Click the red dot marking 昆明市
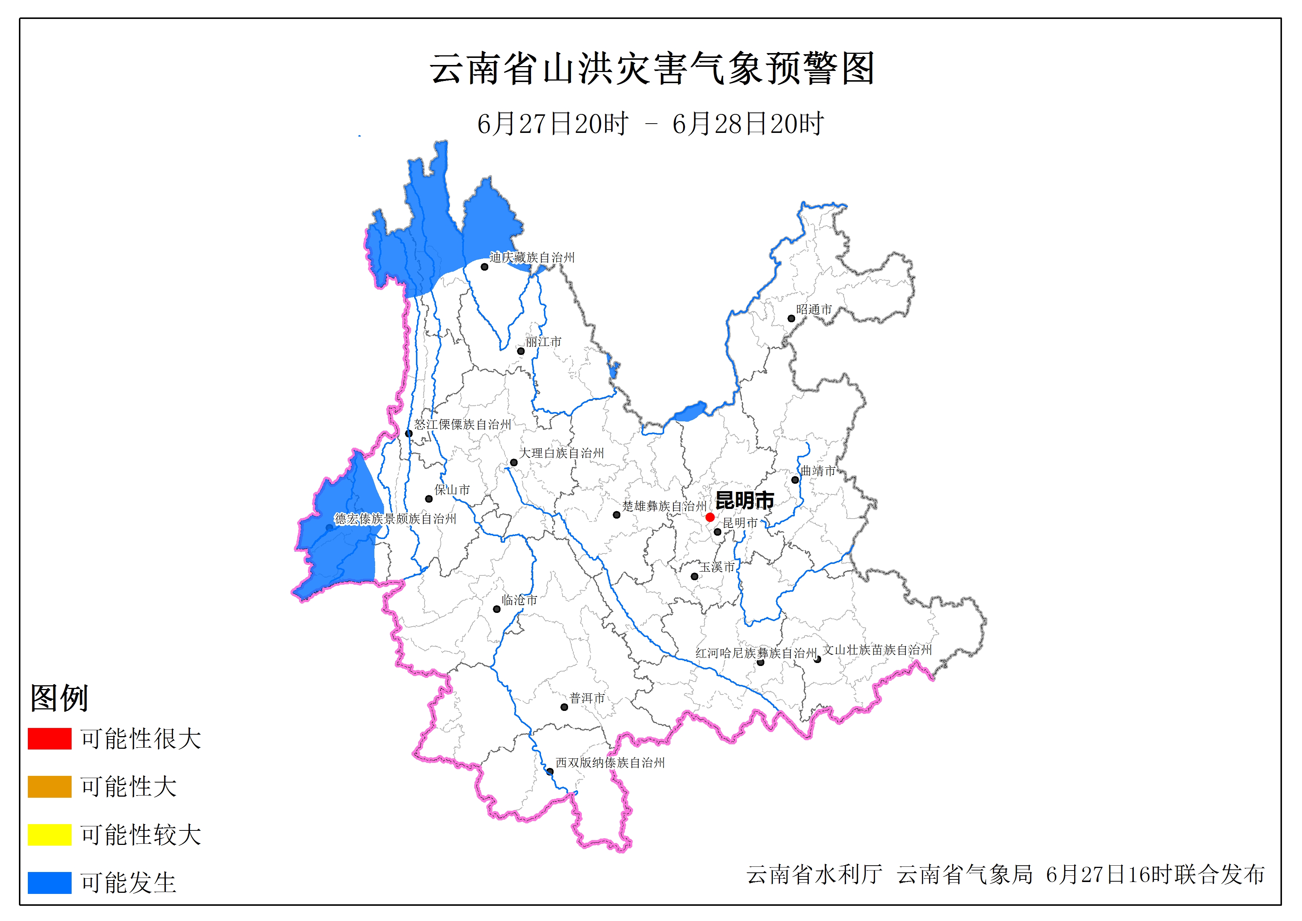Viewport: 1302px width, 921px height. click(x=710, y=517)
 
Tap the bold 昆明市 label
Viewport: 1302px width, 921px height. click(x=745, y=500)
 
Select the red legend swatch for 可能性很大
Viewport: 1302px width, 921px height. click(x=49, y=738)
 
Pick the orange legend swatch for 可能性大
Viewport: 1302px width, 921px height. click(x=49, y=787)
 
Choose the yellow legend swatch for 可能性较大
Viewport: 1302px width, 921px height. click(x=49, y=834)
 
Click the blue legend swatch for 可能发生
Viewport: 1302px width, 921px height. click(x=49, y=882)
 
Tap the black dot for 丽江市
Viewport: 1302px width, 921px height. click(x=521, y=351)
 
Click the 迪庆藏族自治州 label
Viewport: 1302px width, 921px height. click(x=532, y=258)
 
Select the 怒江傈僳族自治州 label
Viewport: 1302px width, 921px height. click(x=463, y=424)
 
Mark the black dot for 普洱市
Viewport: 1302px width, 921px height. click(x=564, y=707)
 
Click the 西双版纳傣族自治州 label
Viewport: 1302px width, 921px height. click(x=610, y=763)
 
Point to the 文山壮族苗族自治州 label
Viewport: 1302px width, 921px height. click(x=877, y=650)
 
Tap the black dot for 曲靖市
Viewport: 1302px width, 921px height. click(x=795, y=480)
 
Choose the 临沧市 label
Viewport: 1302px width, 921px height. click(x=519, y=600)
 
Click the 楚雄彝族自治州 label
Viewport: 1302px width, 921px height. click(x=665, y=506)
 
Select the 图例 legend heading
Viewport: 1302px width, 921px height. click(x=59, y=698)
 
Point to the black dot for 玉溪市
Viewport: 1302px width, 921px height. click(x=695, y=577)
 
